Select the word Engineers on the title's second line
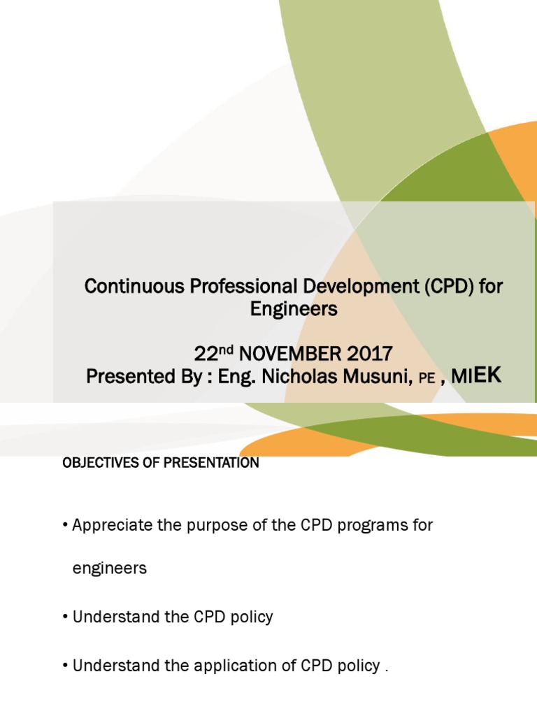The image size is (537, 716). click(x=294, y=308)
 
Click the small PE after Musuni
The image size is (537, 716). click(x=427, y=378)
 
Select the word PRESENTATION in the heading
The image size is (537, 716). click(x=213, y=463)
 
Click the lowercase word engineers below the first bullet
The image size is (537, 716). click(x=110, y=568)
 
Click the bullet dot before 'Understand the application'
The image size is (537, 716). click(x=66, y=666)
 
